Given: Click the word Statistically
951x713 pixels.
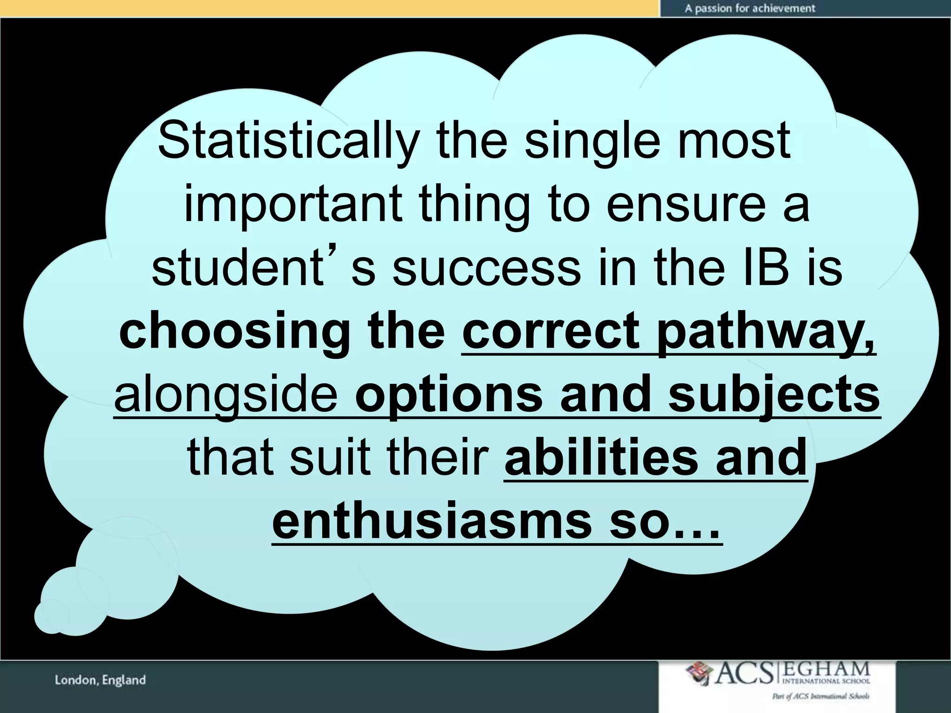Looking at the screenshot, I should pos(288,140).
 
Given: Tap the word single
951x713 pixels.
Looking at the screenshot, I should pos(592,140).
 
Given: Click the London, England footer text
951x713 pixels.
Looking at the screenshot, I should pos(100,681).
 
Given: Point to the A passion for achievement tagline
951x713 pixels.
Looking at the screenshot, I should pos(749,8).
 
